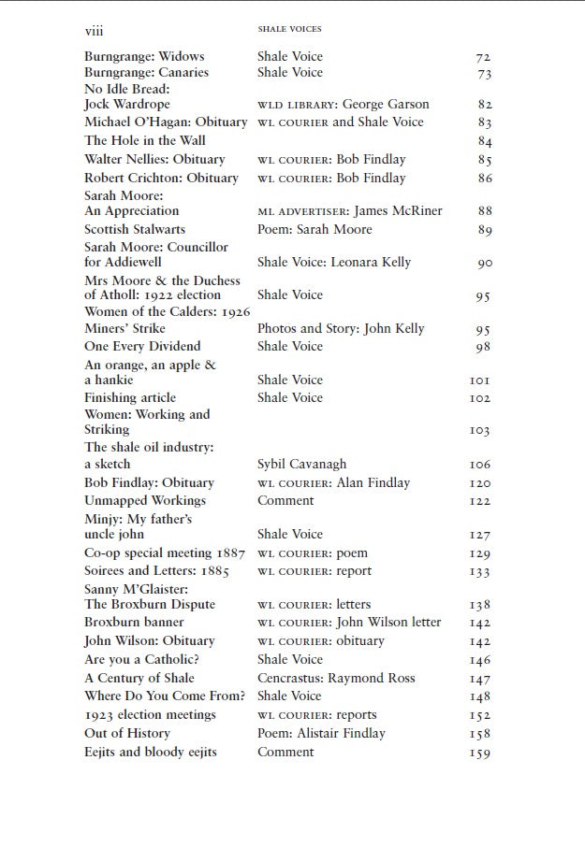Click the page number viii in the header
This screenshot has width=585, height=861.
(94, 30)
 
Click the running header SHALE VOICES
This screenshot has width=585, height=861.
(289, 30)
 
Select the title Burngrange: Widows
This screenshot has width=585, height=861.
(144, 56)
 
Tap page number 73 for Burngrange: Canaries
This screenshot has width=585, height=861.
(484, 74)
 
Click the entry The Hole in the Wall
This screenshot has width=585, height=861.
(145, 140)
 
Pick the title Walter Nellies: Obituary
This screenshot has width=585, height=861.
(154, 159)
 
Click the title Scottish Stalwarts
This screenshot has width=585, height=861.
(135, 229)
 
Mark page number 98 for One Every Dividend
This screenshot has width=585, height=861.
(484, 348)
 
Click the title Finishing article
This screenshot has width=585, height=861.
(130, 397)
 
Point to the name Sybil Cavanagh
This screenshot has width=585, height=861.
(301, 464)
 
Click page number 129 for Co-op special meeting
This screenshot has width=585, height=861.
(480, 554)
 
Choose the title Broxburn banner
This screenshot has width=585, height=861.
(134, 622)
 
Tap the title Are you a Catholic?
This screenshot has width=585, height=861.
(141, 659)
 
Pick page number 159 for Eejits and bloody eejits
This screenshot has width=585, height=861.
(480, 753)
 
